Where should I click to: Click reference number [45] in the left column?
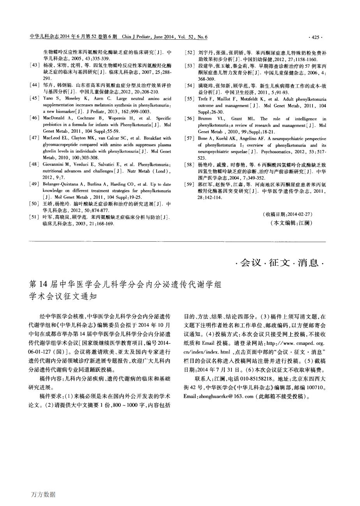34,98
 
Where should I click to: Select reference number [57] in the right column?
189,139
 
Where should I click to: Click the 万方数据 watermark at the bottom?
43,495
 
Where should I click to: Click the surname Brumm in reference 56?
205,119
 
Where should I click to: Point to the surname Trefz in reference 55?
203,99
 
